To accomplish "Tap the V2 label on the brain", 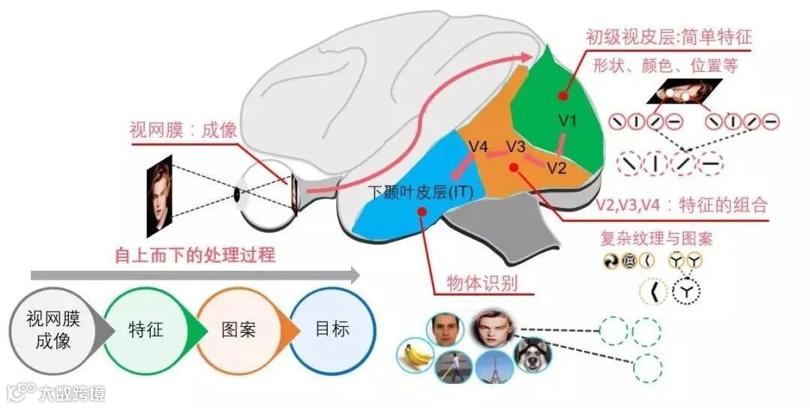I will (x=556, y=167).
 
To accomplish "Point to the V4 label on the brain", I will (x=478, y=145).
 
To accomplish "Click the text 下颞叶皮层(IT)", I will (x=421, y=192).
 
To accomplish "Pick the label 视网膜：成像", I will (x=183, y=130).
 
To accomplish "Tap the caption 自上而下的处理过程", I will (x=194, y=255).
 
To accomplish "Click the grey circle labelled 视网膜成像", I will (x=52, y=331).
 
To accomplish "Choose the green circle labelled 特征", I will (x=145, y=330).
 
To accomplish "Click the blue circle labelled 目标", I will (x=331, y=330).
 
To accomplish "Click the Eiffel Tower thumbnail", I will (x=494, y=367).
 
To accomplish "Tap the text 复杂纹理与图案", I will (x=656, y=239).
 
